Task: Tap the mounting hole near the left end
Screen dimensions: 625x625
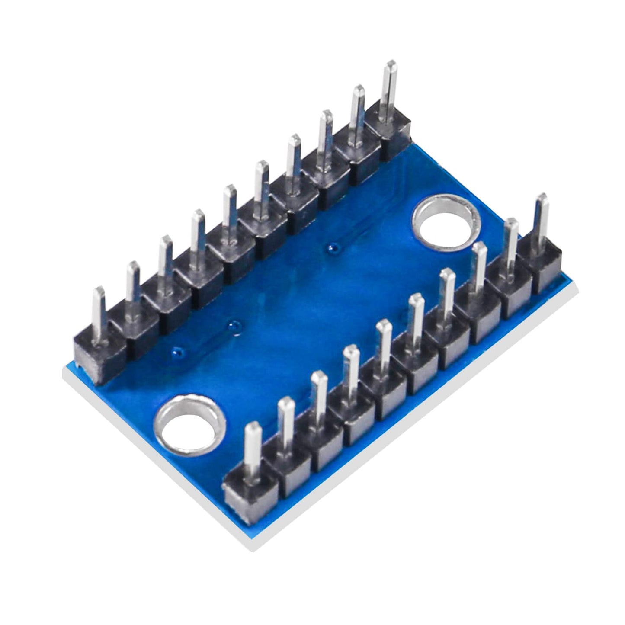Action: click(190, 423)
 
